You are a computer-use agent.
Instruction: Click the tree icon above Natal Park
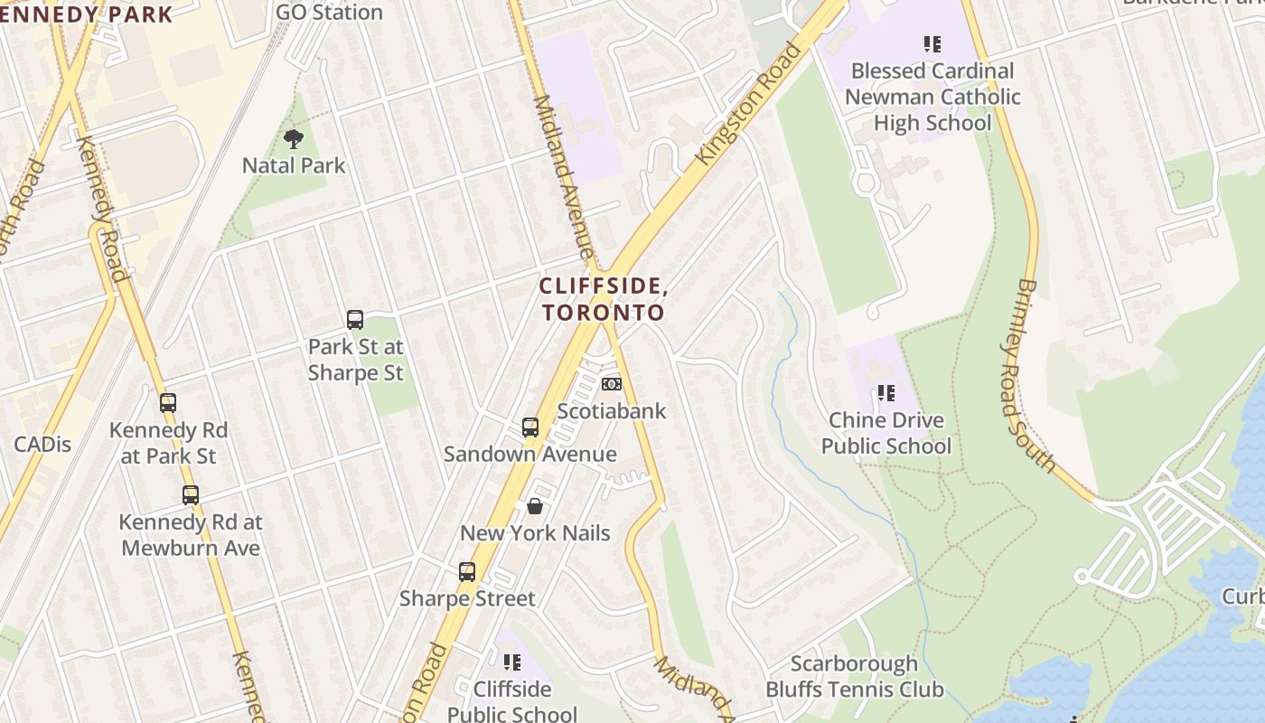point(293,138)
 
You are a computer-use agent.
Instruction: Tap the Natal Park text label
point(294,165)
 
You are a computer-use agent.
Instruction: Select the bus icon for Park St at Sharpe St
point(355,319)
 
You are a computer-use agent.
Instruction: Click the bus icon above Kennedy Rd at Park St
point(168,403)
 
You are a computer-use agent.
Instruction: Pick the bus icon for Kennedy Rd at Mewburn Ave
point(191,494)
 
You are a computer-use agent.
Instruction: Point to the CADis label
point(42,444)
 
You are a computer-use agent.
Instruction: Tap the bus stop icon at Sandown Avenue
point(530,427)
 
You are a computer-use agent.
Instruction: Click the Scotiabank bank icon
point(612,384)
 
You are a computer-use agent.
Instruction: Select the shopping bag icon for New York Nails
point(535,506)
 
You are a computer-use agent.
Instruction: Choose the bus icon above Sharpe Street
point(467,571)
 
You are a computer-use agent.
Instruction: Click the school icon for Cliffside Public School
point(512,662)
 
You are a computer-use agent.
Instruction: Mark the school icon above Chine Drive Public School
point(886,393)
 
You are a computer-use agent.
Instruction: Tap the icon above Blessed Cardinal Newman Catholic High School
point(932,43)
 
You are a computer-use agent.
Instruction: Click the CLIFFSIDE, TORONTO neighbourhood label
point(603,299)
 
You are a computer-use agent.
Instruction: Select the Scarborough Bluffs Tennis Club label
point(855,677)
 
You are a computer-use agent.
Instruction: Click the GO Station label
point(329,12)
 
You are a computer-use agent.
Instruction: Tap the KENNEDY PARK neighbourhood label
point(87,14)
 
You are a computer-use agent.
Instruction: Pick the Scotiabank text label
point(612,411)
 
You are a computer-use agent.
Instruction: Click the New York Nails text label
point(535,533)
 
